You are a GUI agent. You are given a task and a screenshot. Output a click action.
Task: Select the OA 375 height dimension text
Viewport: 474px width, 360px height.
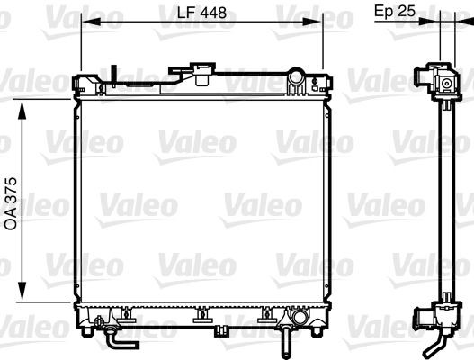[x=12, y=204]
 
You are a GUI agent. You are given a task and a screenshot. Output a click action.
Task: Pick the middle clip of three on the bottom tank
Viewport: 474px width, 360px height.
[x=201, y=314]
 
